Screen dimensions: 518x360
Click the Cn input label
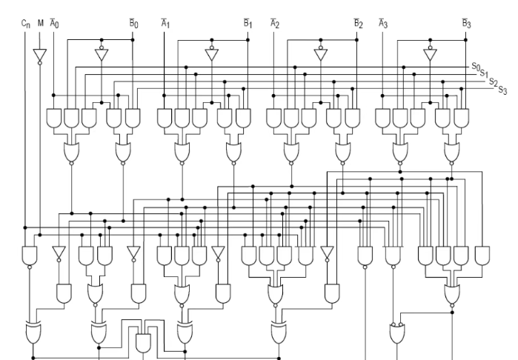click(x=26, y=24)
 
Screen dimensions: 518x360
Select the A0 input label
click(x=53, y=24)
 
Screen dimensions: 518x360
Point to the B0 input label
click(x=134, y=24)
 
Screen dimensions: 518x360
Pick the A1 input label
click(x=165, y=24)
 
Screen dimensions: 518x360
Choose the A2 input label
click(x=274, y=24)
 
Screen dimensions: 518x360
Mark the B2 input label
click(x=358, y=24)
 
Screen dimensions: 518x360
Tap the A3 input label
click(x=383, y=24)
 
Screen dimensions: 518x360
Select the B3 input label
click(x=466, y=24)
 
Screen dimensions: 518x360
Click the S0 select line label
click(x=476, y=67)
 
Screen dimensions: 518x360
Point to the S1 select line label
click(x=483, y=73)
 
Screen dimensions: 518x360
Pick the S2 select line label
click(x=493, y=81)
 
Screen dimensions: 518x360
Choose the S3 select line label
click(x=502, y=90)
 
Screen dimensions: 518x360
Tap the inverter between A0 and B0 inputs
click(x=102, y=54)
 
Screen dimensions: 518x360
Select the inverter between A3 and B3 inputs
click(x=430, y=54)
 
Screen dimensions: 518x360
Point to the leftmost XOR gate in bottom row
click(x=33, y=333)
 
